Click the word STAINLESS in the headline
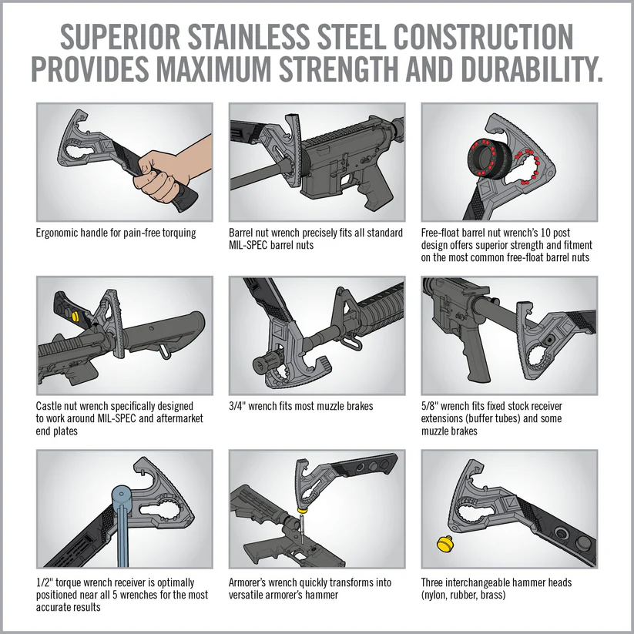point(248,37)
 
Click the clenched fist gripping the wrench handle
point(163,176)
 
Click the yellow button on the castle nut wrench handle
point(75,316)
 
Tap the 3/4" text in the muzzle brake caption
point(237,406)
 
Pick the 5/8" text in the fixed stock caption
point(429,406)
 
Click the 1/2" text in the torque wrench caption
point(44,582)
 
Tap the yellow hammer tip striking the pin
point(301,510)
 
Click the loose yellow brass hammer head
point(445,543)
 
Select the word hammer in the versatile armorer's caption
point(322,595)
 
